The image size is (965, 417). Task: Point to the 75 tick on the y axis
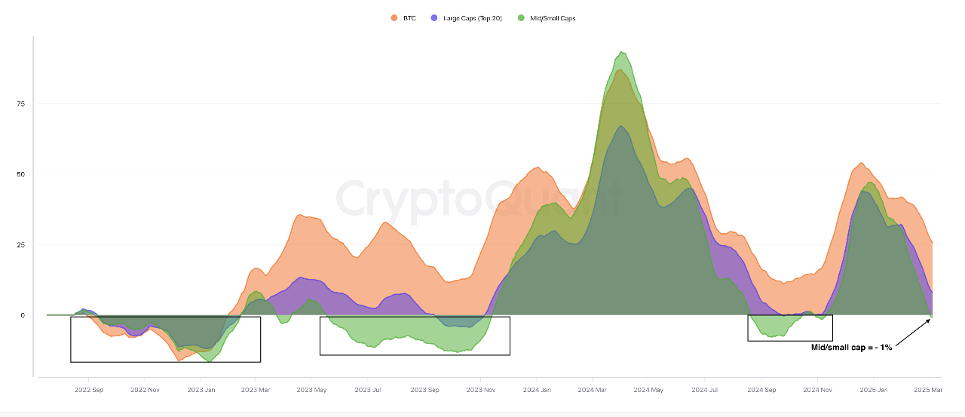pyautogui.click(x=22, y=104)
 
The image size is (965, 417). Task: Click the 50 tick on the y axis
pyautogui.click(x=22, y=174)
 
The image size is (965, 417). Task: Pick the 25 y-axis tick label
pyautogui.click(x=22, y=245)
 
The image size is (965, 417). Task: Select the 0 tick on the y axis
pyautogui.click(x=23, y=315)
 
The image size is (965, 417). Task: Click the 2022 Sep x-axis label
pyautogui.click(x=89, y=390)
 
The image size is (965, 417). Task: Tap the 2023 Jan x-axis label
pyautogui.click(x=201, y=390)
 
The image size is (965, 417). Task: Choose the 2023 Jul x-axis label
pyautogui.click(x=368, y=390)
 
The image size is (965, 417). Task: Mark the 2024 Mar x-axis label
pyautogui.click(x=593, y=390)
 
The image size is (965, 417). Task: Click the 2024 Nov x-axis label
pyautogui.click(x=817, y=390)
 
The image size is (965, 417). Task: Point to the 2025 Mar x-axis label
pyautogui.click(x=927, y=390)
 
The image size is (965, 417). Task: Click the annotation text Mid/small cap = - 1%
pyautogui.click(x=851, y=348)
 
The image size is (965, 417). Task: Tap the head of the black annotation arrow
pyautogui.click(x=931, y=319)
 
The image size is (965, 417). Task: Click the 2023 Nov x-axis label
pyautogui.click(x=480, y=390)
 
